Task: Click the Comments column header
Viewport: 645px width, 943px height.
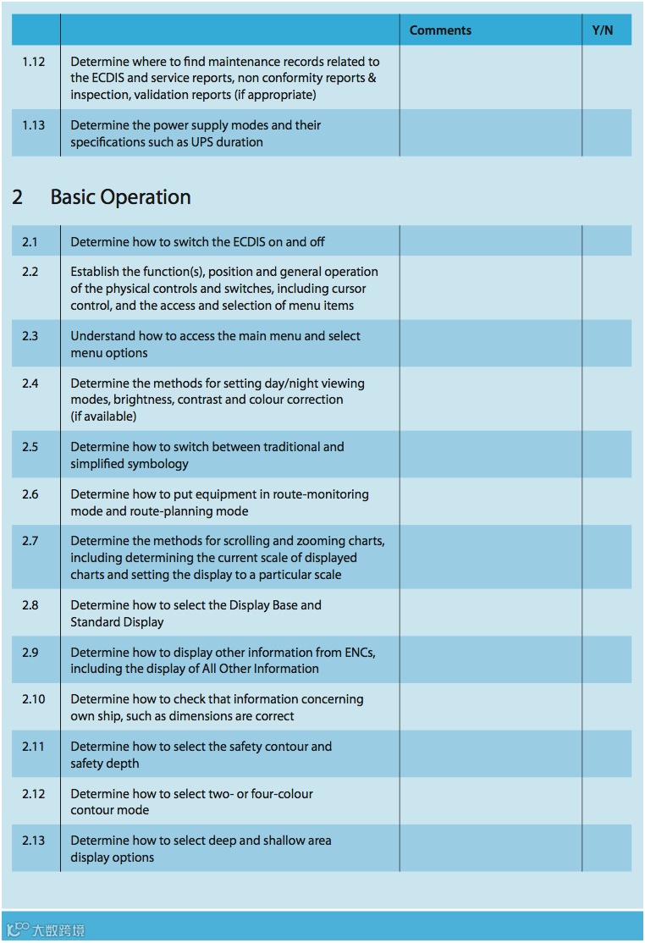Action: coord(440,30)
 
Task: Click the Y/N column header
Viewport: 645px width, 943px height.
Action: coord(602,30)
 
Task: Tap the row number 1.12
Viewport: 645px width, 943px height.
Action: coord(34,62)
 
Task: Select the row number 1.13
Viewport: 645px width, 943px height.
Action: coord(34,125)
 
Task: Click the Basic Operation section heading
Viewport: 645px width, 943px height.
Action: coord(120,197)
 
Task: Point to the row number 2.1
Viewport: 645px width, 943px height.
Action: coord(30,242)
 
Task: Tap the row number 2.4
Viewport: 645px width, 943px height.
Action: coord(30,383)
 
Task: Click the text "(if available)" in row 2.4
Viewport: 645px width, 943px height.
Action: coord(103,416)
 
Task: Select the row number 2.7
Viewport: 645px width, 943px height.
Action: coord(30,541)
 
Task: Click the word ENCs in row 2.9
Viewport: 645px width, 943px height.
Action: coord(356,653)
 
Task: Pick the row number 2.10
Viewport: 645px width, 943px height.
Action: coord(34,699)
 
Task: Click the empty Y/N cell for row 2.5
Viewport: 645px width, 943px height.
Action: coord(606,455)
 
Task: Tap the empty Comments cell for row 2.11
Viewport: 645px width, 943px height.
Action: coord(490,754)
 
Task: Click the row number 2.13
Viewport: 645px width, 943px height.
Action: coord(34,841)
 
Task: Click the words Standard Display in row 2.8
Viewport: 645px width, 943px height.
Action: coord(118,622)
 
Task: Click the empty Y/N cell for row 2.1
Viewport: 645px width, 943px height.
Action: coord(606,241)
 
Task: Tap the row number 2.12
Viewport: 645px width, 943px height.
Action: coord(34,794)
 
